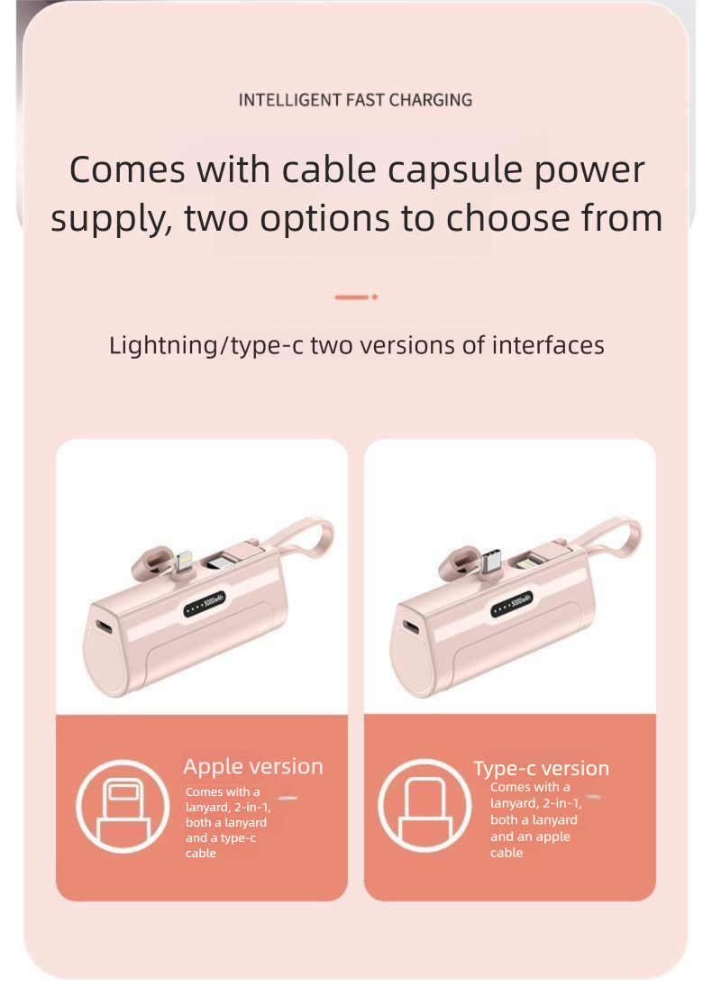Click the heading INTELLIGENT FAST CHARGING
(355, 100)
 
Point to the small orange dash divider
(356, 297)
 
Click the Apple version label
(253, 767)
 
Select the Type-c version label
(542, 768)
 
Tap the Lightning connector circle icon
(123, 807)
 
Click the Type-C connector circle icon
(424, 806)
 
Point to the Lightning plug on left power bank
(183, 562)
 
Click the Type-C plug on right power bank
(490, 561)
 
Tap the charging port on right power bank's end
(411, 627)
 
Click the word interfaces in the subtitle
(548, 345)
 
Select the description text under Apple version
(228, 822)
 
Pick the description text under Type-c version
(535, 819)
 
